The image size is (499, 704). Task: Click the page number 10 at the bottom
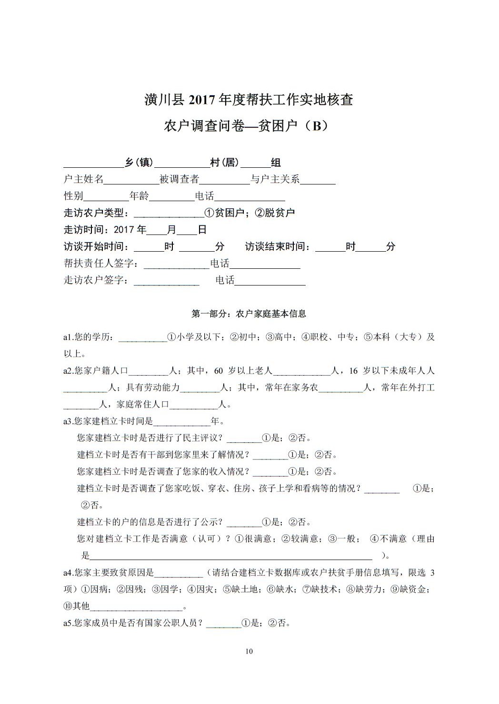pos(249,651)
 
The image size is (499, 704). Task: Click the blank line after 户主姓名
pos(131,180)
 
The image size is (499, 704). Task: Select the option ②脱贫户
pos(275,213)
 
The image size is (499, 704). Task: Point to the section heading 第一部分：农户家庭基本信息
pos(249,314)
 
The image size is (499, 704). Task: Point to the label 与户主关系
pos(275,180)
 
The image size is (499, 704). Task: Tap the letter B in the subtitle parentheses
pos(315,126)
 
